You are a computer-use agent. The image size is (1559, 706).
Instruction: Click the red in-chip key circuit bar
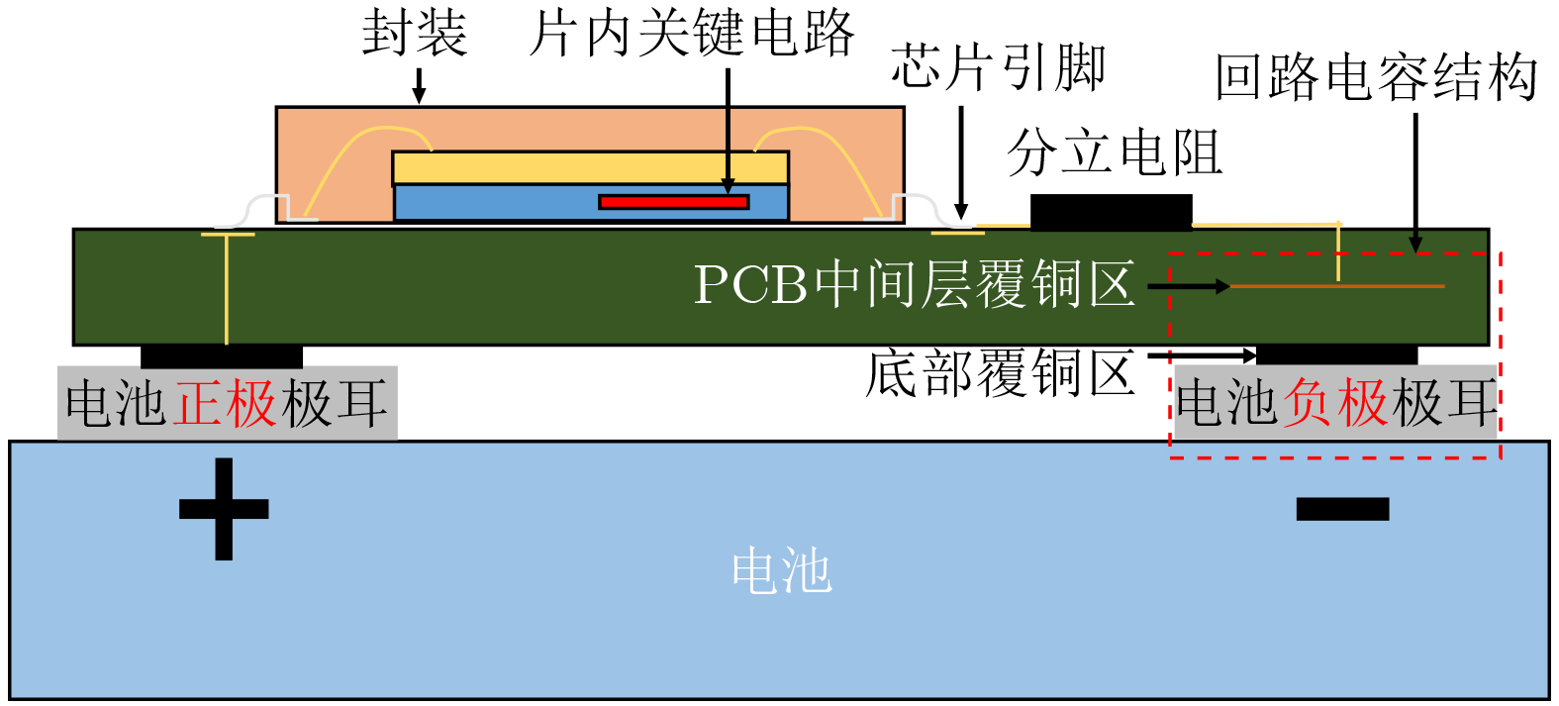tap(674, 202)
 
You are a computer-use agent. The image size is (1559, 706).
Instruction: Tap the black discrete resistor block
tap(1111, 212)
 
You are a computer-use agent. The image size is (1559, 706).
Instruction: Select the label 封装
tap(415, 33)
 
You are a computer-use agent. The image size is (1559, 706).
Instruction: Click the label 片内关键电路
tap(692, 33)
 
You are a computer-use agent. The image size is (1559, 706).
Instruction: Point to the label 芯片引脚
tap(999, 67)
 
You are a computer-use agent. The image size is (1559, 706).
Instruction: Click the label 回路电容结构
tap(1376, 76)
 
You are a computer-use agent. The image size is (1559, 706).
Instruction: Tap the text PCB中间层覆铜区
tap(915, 284)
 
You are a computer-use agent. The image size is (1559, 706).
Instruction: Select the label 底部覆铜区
tap(1000, 373)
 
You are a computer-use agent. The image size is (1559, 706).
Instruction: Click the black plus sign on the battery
tap(224, 509)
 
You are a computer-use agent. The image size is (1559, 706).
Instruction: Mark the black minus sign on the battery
tap(1342, 509)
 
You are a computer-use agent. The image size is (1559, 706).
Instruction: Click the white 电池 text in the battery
tap(782, 570)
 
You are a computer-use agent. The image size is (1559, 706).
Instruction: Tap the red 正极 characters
tap(224, 403)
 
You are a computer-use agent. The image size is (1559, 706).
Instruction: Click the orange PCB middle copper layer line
tap(1337, 286)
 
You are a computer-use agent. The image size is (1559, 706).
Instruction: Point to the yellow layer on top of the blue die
tap(590, 167)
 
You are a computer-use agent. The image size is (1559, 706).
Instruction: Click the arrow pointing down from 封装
tap(419, 86)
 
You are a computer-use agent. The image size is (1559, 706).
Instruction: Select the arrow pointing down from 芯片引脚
tap(961, 163)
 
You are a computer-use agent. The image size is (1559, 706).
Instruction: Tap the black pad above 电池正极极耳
tap(222, 355)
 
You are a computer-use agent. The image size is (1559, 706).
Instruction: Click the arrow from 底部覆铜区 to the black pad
tap(1202, 355)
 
